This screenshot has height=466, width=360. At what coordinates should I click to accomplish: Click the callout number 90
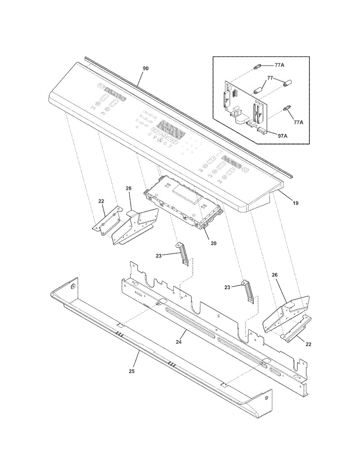pyautogui.click(x=146, y=68)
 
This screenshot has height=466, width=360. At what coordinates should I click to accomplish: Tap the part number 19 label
pyautogui.click(x=296, y=203)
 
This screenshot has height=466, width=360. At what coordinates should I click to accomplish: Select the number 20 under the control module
pyautogui.click(x=213, y=243)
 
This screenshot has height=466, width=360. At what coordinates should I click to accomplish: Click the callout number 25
pyautogui.click(x=132, y=371)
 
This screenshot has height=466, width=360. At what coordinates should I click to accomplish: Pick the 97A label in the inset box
pyautogui.click(x=282, y=136)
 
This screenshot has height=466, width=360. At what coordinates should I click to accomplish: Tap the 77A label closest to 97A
pyautogui.click(x=298, y=122)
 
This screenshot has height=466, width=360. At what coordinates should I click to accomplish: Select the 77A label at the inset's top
pyautogui.click(x=279, y=65)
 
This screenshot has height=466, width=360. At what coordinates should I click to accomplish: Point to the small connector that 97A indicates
pyautogui.click(x=262, y=131)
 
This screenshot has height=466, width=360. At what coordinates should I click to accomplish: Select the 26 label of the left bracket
pyautogui.click(x=129, y=188)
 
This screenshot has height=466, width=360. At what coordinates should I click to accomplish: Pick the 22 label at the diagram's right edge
pyautogui.click(x=308, y=344)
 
